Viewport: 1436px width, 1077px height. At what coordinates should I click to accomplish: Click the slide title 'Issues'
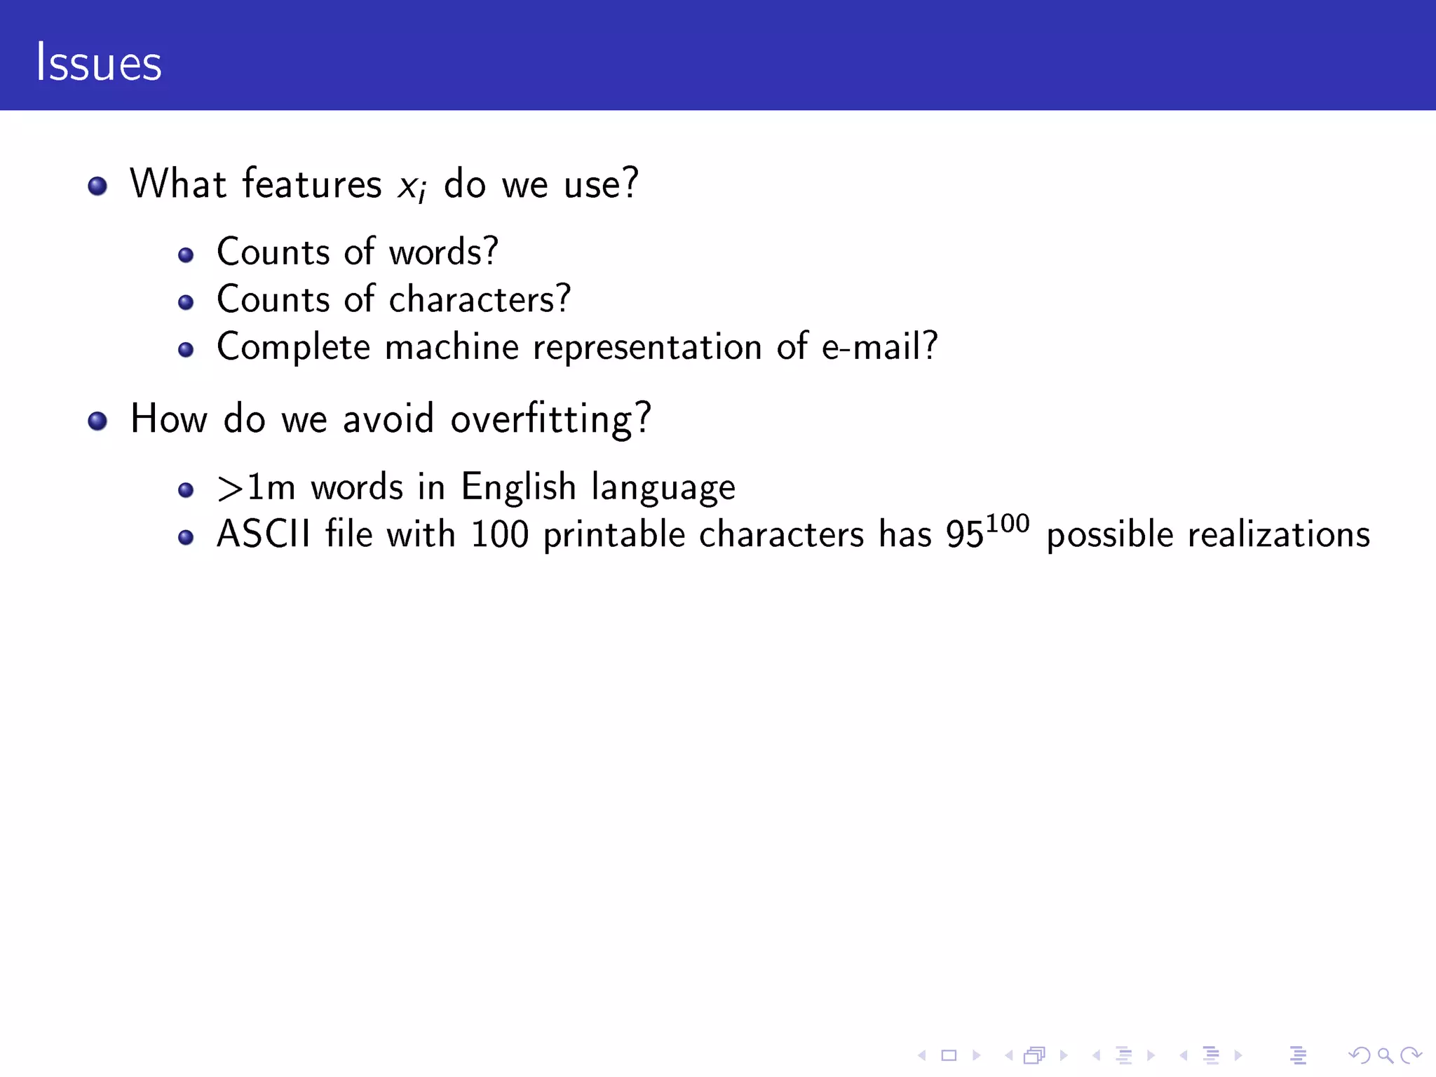(99, 62)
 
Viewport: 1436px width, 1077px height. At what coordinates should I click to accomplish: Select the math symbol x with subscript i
(412, 187)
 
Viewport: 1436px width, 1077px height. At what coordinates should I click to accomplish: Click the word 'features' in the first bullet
(312, 184)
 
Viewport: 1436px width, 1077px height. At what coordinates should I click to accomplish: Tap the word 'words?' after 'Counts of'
(443, 252)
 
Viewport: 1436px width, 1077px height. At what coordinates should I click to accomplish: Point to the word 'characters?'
(480, 299)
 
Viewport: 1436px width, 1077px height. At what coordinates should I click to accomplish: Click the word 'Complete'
(293, 347)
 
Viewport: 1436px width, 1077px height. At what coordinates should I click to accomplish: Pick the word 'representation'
(647, 347)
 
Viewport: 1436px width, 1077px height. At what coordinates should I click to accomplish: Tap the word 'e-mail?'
(879, 346)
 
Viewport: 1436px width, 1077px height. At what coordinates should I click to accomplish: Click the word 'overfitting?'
(550, 420)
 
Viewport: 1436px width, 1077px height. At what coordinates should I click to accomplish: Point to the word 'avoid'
(388, 419)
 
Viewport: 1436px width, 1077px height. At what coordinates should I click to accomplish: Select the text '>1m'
(256, 488)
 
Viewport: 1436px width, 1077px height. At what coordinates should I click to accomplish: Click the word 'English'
(518, 487)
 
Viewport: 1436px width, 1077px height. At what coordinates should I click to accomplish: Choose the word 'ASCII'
(264, 534)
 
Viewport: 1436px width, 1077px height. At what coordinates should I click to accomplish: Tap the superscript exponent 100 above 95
(1008, 523)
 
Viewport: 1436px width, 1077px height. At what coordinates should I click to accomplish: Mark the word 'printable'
(614, 535)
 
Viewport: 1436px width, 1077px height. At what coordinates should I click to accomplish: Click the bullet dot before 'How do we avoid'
(97, 421)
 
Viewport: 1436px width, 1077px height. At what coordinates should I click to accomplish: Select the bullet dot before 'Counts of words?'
(186, 255)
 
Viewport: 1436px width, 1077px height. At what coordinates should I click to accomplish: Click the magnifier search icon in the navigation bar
(1384, 1055)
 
